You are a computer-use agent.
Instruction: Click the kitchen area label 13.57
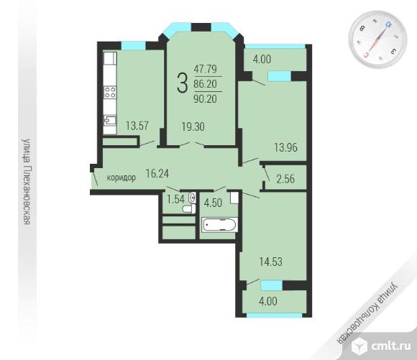point(137,126)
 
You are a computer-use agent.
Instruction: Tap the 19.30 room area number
point(193,126)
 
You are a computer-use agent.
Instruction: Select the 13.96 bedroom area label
point(286,147)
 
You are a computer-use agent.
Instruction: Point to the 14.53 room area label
point(271,262)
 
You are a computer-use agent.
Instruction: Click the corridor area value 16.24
point(157,173)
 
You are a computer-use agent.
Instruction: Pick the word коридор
point(122,177)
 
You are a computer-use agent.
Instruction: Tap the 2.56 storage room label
point(285,179)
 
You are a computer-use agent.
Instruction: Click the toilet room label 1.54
point(175,199)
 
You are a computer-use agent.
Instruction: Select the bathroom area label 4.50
point(213,203)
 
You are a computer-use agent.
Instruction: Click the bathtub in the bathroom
point(219,225)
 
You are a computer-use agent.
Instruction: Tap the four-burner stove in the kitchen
point(110,92)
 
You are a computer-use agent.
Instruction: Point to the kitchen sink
point(110,120)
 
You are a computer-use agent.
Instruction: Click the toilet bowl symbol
point(189,208)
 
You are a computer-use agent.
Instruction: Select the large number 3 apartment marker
point(183,83)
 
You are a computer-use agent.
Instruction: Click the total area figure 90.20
point(206,99)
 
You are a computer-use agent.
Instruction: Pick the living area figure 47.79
point(206,69)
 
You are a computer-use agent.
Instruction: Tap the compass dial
point(377,40)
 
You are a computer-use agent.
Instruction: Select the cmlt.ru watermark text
point(390,346)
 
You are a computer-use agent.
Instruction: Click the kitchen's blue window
point(134,45)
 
